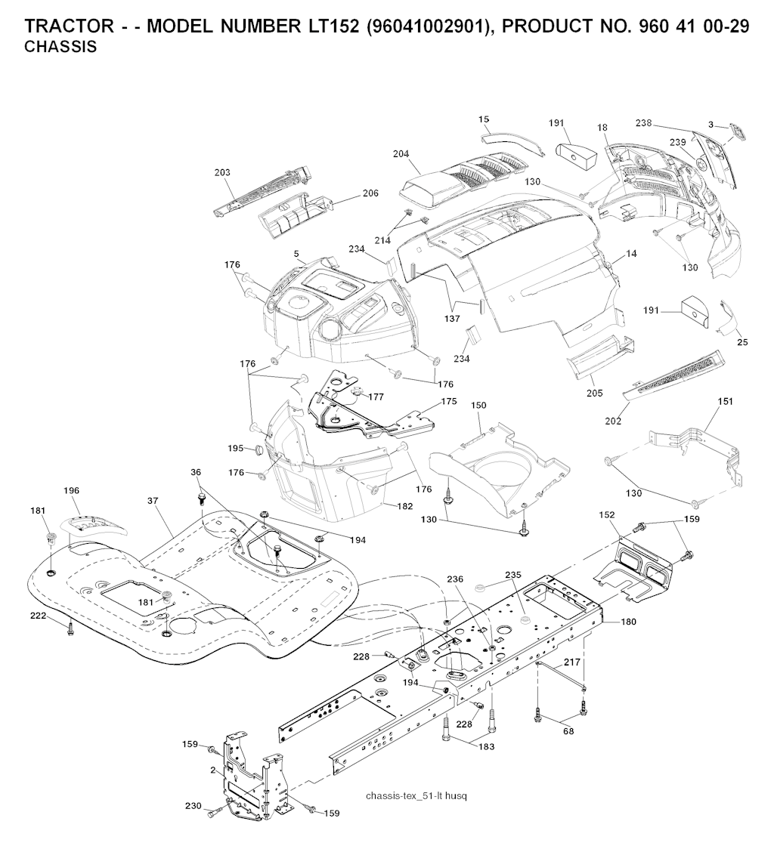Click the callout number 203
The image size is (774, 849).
pyautogui.click(x=221, y=173)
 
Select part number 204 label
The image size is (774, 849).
pyautogui.click(x=401, y=154)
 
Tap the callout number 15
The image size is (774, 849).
pyautogui.click(x=484, y=119)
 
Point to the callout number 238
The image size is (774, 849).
pyautogui.click(x=643, y=122)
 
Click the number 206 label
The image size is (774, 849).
pyautogui.click(x=370, y=193)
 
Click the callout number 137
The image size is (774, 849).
pyautogui.click(x=452, y=319)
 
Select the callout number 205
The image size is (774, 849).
pyautogui.click(x=594, y=393)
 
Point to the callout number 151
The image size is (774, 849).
pyautogui.click(x=725, y=401)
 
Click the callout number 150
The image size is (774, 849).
pyautogui.click(x=478, y=406)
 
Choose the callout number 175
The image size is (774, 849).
pyautogui.click(x=449, y=402)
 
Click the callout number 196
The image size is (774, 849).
pyautogui.click(x=71, y=491)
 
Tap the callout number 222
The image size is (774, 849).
pyautogui.click(x=38, y=616)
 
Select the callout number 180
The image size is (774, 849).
pyautogui.click(x=628, y=622)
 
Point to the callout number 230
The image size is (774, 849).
pyautogui.click(x=193, y=806)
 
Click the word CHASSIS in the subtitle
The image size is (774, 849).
pyautogui.click(x=60, y=47)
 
